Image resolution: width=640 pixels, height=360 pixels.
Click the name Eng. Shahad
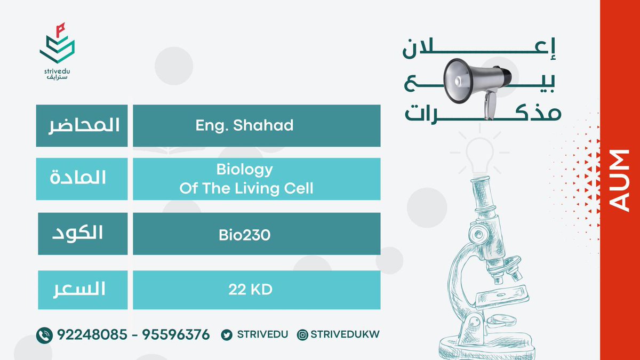244,125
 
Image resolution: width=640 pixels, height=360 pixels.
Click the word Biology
245,170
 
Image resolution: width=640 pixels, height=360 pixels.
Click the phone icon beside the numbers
44,335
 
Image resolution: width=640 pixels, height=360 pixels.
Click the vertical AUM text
620,181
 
